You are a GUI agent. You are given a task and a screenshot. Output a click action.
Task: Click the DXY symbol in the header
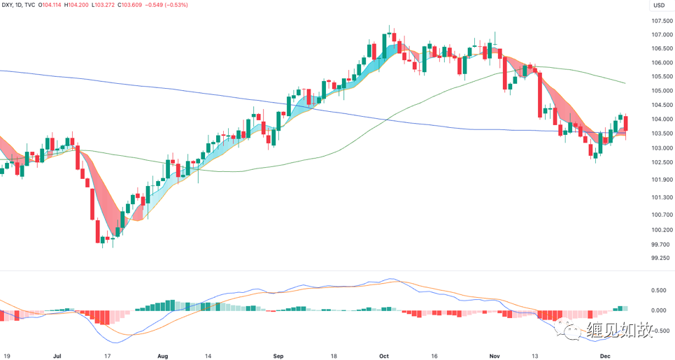pyautogui.click(x=8, y=6)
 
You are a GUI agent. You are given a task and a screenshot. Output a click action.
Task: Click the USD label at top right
pyautogui.click(x=658, y=6)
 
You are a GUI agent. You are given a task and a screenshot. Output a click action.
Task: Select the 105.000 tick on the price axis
pyautogui.click(x=662, y=91)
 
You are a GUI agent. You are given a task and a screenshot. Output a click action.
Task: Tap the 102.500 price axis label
pyautogui.click(x=662, y=163)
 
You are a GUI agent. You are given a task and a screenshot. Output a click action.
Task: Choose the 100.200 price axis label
pyautogui.click(x=662, y=230)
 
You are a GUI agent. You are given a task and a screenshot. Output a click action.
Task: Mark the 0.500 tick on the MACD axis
pyautogui.click(x=658, y=291)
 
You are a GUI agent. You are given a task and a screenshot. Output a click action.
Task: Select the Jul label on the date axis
pyautogui.click(x=57, y=355)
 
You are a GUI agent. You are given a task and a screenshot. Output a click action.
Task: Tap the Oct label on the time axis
pyautogui.click(x=383, y=355)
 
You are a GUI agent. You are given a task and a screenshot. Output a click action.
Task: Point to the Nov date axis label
pyautogui.click(x=495, y=355)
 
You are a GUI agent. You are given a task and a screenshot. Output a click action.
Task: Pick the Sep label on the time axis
pyautogui.click(x=278, y=355)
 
